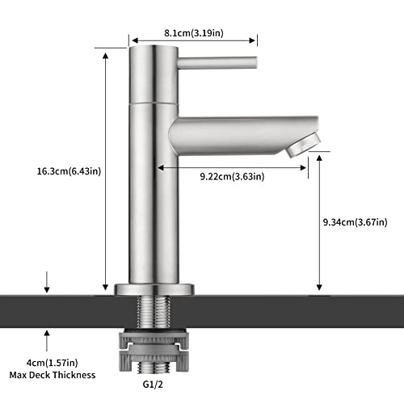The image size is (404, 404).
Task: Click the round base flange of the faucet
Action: coord(154,288)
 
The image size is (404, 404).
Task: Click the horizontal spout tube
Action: coord(234,134)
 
